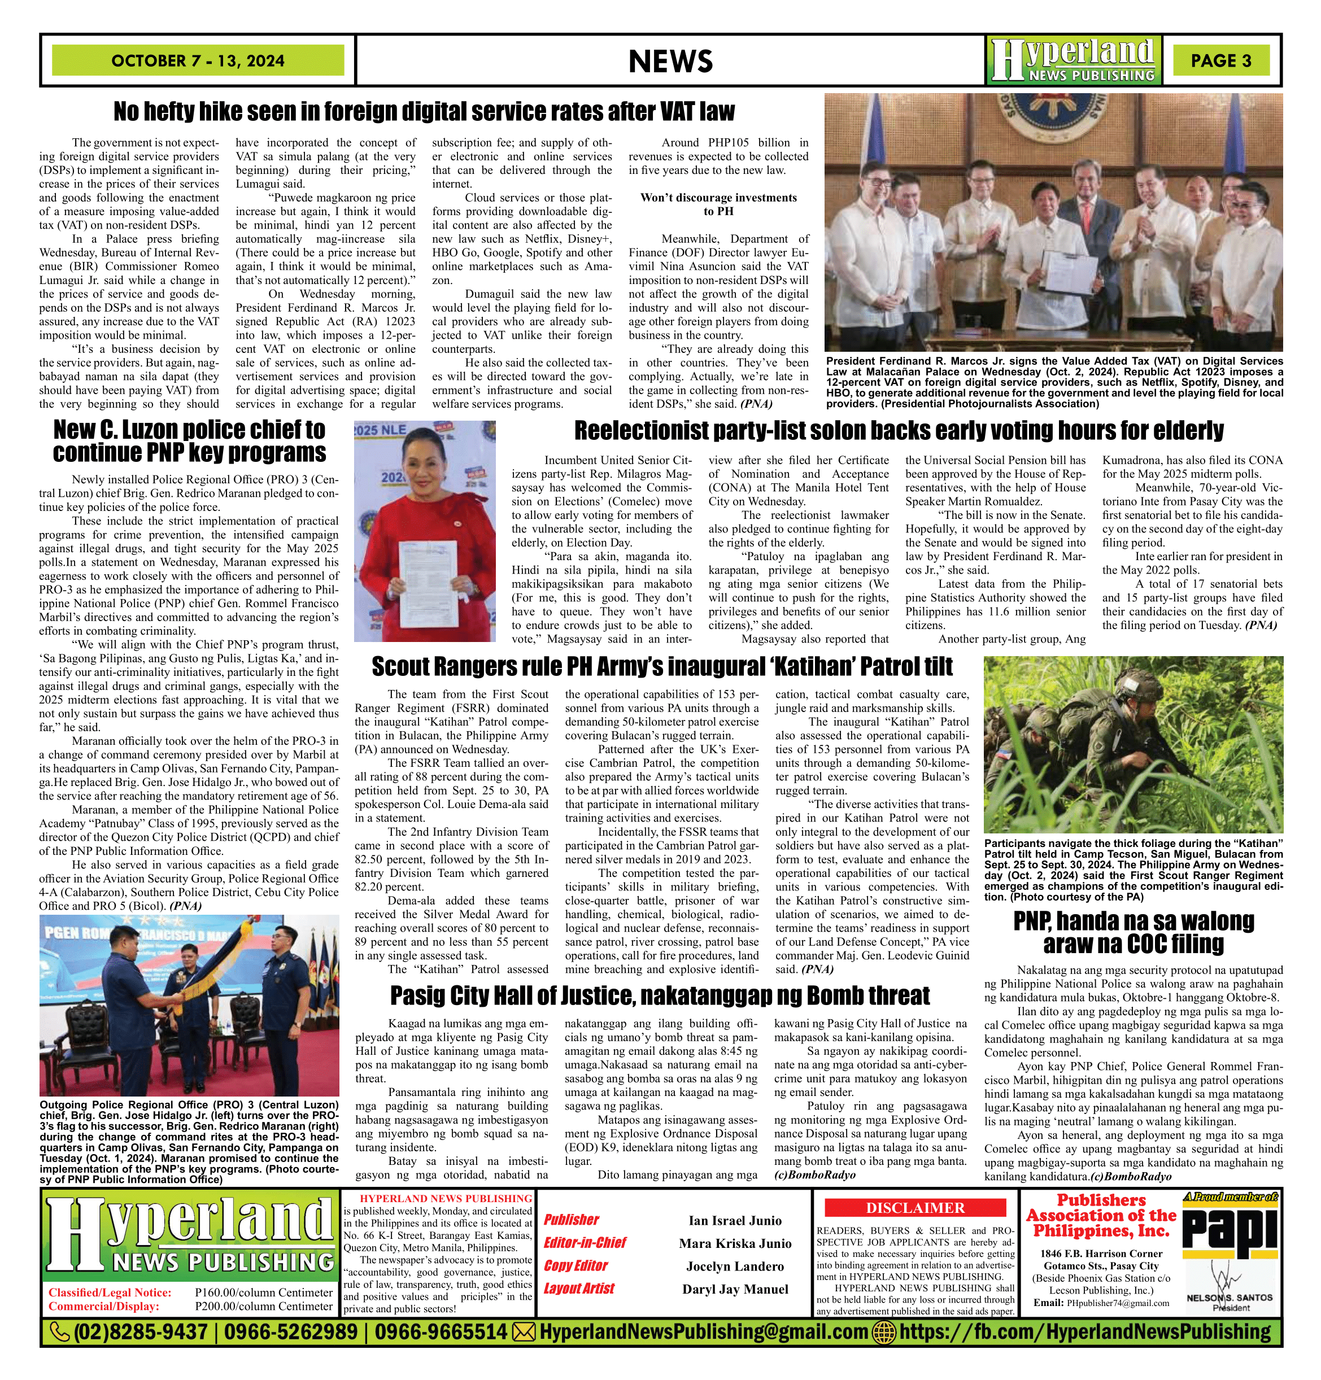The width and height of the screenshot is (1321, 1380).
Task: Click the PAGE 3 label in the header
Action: click(1220, 60)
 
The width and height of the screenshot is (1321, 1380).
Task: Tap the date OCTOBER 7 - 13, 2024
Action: click(198, 60)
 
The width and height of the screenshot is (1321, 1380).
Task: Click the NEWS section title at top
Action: click(670, 61)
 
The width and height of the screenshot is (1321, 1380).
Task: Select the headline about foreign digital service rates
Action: click(424, 111)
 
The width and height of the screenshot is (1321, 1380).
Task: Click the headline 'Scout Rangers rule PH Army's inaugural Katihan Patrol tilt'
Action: click(662, 666)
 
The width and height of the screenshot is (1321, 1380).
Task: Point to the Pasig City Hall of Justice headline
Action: click(660, 995)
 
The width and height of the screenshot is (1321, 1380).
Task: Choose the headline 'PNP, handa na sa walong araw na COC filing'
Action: click(1133, 932)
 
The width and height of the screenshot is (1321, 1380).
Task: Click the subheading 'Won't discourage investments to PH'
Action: click(718, 204)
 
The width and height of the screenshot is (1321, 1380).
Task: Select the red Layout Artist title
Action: click(579, 1289)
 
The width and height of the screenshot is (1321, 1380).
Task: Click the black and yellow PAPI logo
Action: click(1230, 1229)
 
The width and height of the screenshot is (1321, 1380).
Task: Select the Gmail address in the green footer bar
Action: click(703, 1332)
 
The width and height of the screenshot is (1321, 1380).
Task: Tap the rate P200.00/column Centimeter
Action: click(263, 1306)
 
